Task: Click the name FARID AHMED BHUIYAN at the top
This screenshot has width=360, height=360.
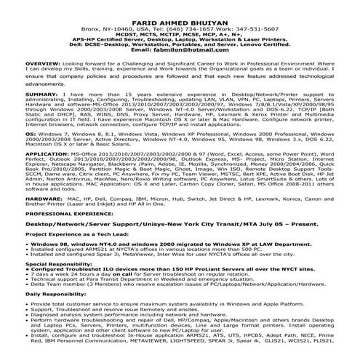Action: pos(180,10)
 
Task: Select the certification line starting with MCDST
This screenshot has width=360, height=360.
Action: pos(180,25)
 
